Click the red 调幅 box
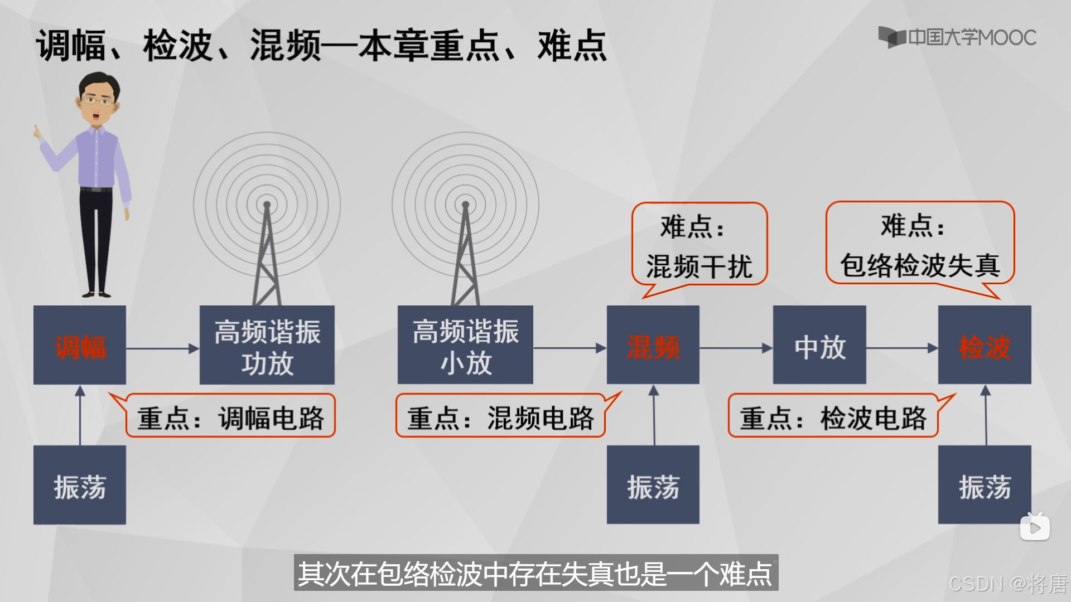click(80, 345)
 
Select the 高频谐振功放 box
click(267, 345)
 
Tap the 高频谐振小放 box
click(465, 345)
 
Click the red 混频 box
click(653, 345)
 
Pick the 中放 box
click(819, 345)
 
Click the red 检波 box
click(985, 345)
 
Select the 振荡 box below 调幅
click(80, 485)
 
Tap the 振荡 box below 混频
click(653, 485)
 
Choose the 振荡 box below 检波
click(985, 485)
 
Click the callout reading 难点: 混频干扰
click(699, 245)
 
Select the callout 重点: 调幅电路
click(230, 416)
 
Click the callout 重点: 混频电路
click(500, 416)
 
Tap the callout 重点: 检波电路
click(833, 416)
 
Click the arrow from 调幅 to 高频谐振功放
click(162, 349)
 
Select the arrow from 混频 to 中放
click(736, 348)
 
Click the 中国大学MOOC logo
click(957, 37)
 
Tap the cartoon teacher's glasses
click(97, 101)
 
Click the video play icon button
click(1035, 527)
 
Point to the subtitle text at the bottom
click(535, 573)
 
